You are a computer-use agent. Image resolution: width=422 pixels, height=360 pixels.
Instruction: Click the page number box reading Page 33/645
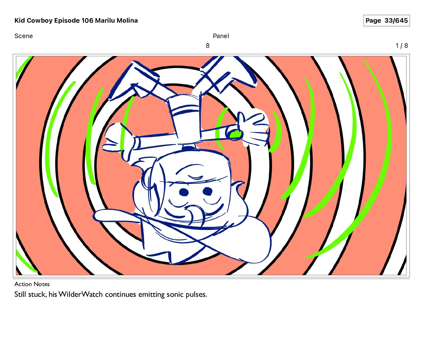pyautogui.click(x=387, y=21)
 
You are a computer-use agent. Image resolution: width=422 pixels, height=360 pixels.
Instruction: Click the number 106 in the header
pyautogui.click(x=87, y=21)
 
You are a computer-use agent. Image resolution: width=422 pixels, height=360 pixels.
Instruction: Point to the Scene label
pyautogui.click(x=23, y=36)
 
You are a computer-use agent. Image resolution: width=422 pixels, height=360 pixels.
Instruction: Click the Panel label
pyautogui.click(x=221, y=36)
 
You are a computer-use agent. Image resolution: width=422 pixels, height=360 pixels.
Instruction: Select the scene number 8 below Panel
pyautogui.click(x=208, y=46)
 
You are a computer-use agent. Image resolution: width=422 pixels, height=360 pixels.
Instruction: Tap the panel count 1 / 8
pyautogui.click(x=402, y=46)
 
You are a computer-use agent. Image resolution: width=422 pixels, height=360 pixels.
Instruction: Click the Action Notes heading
pyautogui.click(x=32, y=284)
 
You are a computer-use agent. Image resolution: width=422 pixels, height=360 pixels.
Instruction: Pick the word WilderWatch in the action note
pyautogui.click(x=81, y=294)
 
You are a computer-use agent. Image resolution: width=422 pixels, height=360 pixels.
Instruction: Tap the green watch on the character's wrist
pyautogui.click(x=234, y=135)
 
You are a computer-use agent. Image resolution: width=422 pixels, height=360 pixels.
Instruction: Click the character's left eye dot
pyautogui.click(x=184, y=192)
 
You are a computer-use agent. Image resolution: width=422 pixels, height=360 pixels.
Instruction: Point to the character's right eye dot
pyautogui.click(x=207, y=191)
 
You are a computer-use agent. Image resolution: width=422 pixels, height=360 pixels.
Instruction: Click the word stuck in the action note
pyautogui.click(x=38, y=294)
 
